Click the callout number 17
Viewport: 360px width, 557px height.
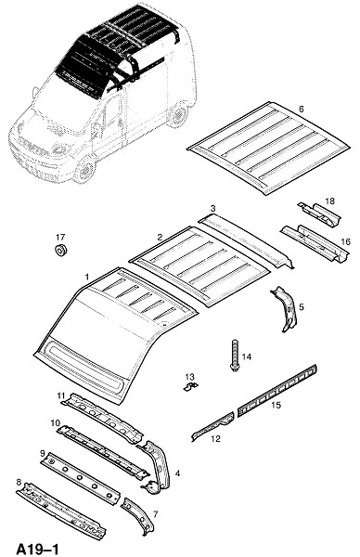[x=60, y=237]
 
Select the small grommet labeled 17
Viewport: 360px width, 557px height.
[x=61, y=250]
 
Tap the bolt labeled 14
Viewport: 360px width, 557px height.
[x=235, y=356]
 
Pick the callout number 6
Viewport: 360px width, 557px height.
[x=301, y=109]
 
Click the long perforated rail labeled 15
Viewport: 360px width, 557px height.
[x=277, y=391]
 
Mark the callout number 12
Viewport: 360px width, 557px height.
[x=215, y=439]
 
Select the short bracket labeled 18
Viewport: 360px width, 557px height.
[x=319, y=215]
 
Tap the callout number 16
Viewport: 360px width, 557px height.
[x=345, y=242]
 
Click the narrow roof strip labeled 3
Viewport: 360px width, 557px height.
[x=246, y=242]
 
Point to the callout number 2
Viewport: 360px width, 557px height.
[x=160, y=237]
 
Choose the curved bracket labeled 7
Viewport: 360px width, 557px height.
[x=137, y=517]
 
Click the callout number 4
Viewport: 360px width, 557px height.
[x=177, y=473]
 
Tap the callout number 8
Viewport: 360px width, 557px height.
[x=19, y=482]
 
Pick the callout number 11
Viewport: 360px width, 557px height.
[x=61, y=395]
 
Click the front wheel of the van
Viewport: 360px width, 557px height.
[x=84, y=170]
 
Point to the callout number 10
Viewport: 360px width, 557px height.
[x=56, y=423]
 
